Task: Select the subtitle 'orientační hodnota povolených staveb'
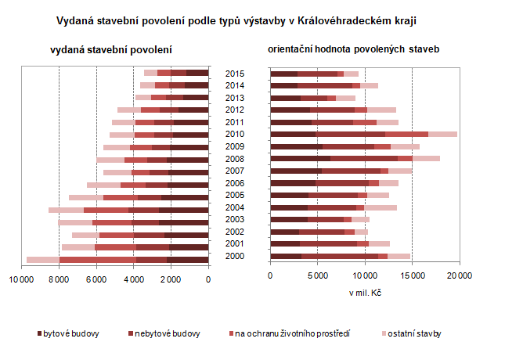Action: click(354, 49)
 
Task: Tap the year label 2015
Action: click(234, 74)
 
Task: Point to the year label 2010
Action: click(234, 134)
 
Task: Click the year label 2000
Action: click(234, 256)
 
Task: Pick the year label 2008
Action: click(234, 159)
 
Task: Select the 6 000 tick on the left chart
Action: click(96, 275)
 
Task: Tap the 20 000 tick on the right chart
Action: click(459, 275)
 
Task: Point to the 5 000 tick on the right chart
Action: click(317, 275)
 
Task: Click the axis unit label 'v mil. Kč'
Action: click(365, 293)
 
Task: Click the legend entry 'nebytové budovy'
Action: click(165, 334)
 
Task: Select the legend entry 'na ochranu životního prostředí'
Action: click(290, 334)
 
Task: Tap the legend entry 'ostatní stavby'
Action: click(414, 334)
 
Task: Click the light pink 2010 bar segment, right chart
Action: click(442, 134)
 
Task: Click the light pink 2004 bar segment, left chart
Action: click(66, 210)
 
